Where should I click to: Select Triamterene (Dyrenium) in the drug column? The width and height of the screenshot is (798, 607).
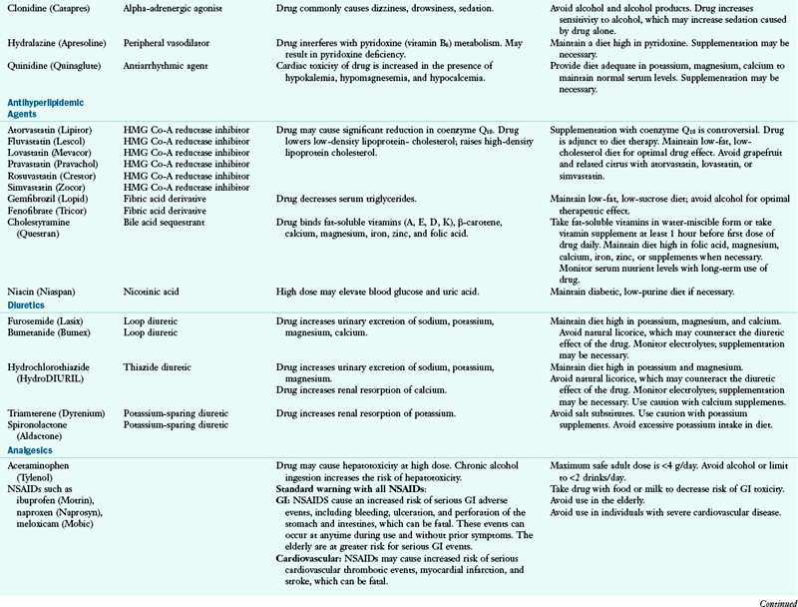tap(54, 413)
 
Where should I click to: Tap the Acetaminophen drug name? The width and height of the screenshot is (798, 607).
tap(39, 465)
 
